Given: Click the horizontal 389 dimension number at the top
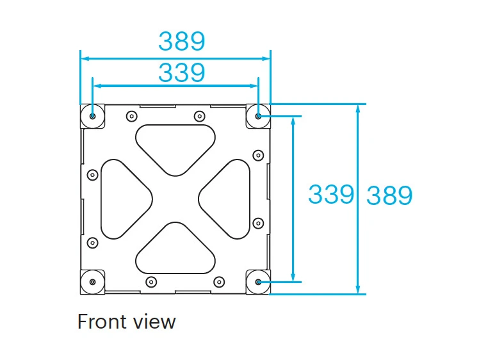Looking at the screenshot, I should pyautogui.click(x=182, y=42).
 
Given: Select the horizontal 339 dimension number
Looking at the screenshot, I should pyautogui.click(x=182, y=73).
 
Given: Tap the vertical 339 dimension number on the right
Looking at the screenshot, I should pyautogui.click(x=330, y=193).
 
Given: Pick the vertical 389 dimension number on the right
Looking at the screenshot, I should pyautogui.click(x=389, y=196).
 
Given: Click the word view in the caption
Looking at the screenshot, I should pyautogui.click(x=154, y=321).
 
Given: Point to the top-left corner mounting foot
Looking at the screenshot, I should pyautogui.click(x=94, y=116).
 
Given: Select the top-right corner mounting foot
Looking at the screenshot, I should pyautogui.click(x=257, y=116).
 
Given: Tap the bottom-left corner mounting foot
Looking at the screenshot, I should pyautogui.click(x=94, y=282).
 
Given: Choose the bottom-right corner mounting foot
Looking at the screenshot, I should pyautogui.click(x=257, y=282).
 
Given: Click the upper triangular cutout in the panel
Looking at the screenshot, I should pyautogui.click(x=175, y=146).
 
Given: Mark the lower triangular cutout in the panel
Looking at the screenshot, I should pyautogui.click(x=175, y=250).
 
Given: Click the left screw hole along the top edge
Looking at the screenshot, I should pyautogui.click(x=132, y=116).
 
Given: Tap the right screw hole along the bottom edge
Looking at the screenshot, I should pyautogui.click(x=219, y=281).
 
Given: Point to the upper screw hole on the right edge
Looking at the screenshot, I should pyautogui.click(x=258, y=155).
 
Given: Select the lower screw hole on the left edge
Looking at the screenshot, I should pyautogui.click(x=92, y=242).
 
